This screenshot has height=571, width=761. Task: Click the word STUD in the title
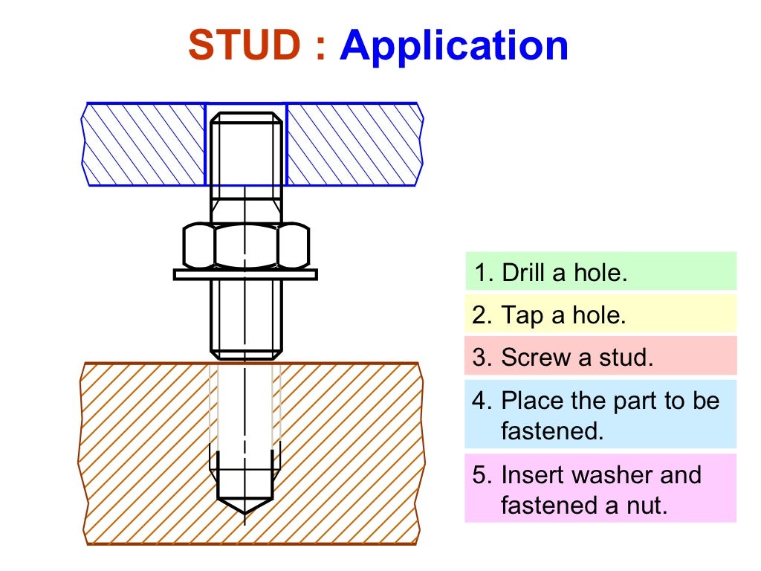[245, 46]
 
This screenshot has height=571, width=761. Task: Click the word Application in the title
[454, 46]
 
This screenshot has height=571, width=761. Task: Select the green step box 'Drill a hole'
[600, 271]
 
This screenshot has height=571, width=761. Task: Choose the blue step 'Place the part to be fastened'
[600, 415]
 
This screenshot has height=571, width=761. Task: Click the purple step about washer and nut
[600, 488]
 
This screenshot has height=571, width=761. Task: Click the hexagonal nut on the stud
[246, 246]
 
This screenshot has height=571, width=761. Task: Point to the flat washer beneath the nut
[246, 274]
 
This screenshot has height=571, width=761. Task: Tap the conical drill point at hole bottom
[245, 505]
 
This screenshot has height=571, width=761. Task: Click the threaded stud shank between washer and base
[246, 316]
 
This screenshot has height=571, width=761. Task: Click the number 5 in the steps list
[479, 475]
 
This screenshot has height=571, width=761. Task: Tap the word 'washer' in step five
[595, 475]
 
